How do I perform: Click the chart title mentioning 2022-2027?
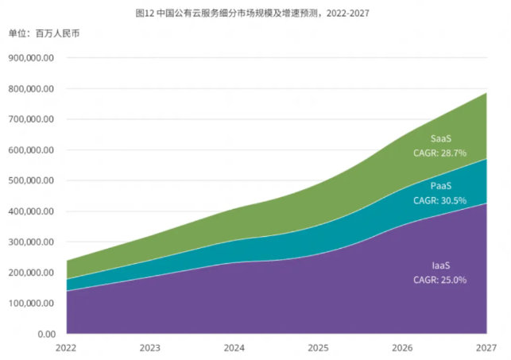(254, 14)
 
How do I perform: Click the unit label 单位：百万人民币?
(44, 33)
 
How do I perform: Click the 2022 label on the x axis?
(67, 348)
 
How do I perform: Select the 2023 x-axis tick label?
(150, 348)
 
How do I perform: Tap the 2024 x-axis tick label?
(234, 348)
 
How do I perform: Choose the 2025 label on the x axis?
(318, 348)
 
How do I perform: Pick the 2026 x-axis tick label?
(402, 348)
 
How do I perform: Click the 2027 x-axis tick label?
(486, 348)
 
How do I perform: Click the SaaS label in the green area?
(442, 138)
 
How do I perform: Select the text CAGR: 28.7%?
(439, 152)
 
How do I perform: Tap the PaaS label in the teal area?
(441, 187)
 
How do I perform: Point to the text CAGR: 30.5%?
(439, 200)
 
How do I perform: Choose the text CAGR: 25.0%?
(439, 280)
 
